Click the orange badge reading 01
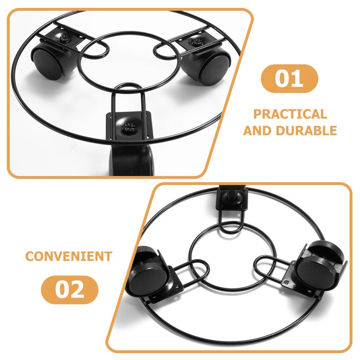coord(289,78)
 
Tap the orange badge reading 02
coord(69,290)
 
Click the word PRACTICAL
coord(290,114)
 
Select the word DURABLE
coord(306,131)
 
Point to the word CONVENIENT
coord(69,256)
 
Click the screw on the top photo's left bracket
coord(64,39)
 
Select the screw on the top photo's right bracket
coord(197,42)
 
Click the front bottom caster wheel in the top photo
coord(131,161)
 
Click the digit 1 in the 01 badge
coord(299,78)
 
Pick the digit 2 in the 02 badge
coord(77,290)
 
